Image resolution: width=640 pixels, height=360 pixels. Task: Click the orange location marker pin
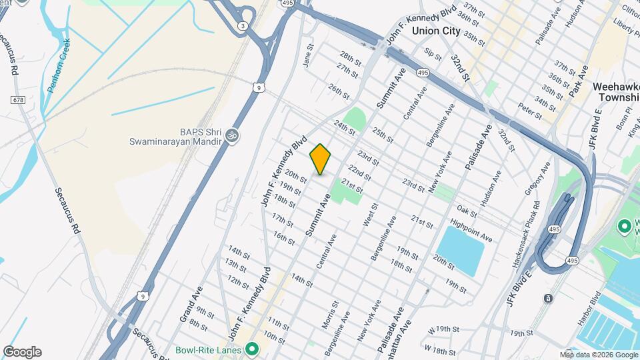tap(320, 159)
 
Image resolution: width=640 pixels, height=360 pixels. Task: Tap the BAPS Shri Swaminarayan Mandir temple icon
tap(232, 135)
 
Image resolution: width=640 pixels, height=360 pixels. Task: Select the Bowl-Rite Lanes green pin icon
tap(252, 349)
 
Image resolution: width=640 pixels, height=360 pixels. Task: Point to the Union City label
tap(436, 31)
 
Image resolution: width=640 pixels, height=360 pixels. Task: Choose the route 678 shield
tap(18, 99)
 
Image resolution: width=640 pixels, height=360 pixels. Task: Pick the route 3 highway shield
tap(243, 26)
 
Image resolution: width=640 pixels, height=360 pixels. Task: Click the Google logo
tap(22, 352)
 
